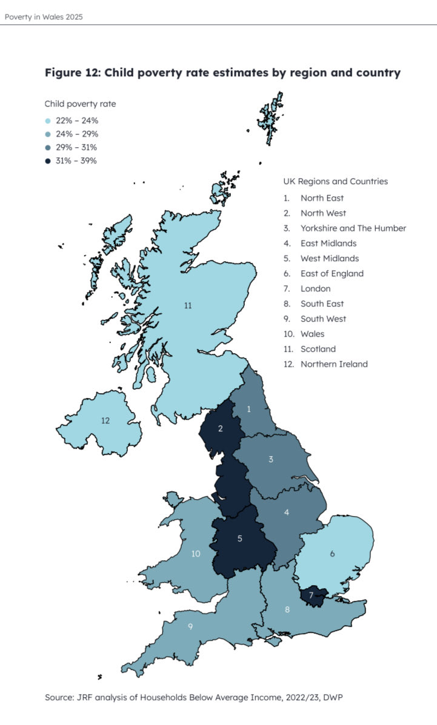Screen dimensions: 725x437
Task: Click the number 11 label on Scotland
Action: click(188, 306)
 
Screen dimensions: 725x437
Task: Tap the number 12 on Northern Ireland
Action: click(105, 420)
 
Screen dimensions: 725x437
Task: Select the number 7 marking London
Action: click(312, 595)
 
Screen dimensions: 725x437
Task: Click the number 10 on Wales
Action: click(196, 554)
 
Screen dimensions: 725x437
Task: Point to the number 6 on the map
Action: click(332, 554)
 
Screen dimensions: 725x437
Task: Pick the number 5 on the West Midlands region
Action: click(240, 538)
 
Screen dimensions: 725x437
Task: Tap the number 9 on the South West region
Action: click(190, 626)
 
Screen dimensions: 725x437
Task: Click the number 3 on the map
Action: click(271, 460)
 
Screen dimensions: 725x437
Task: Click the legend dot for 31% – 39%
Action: click(48, 161)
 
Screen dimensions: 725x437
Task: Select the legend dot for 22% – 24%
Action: click(48, 121)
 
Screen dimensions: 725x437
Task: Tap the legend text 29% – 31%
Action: click(76, 148)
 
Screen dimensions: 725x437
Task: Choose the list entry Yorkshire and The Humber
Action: click(353, 228)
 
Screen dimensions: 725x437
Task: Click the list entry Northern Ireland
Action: click(334, 364)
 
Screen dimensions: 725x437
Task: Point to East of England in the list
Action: click(332, 274)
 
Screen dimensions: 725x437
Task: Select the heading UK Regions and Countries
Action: click(335, 181)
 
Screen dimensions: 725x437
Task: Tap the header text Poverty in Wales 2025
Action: click(44, 17)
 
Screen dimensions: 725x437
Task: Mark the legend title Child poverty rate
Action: click(80, 104)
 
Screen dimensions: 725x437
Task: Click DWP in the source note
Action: click(341, 698)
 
